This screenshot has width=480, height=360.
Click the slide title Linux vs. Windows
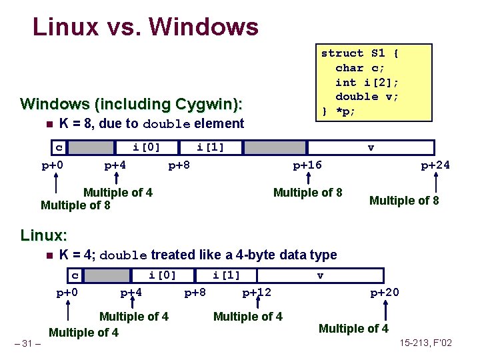[x=145, y=27]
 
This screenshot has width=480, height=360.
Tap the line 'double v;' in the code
[x=366, y=96]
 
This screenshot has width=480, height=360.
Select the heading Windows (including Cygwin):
[x=131, y=104]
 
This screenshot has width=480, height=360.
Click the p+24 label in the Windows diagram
[x=435, y=165]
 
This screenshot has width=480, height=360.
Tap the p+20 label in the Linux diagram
[x=385, y=292]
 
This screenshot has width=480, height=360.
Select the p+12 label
[x=257, y=292]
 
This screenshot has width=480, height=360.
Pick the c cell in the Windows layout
[x=59, y=147]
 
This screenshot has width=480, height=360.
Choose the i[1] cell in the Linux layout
[x=226, y=275]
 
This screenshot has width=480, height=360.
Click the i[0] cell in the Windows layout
[x=147, y=147]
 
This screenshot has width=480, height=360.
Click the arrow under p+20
[x=385, y=307]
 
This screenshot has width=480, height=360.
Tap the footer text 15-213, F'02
[x=426, y=343]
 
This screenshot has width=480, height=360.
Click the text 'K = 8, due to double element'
[x=151, y=123]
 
